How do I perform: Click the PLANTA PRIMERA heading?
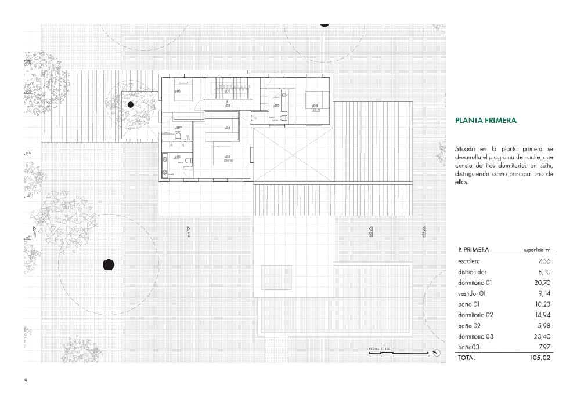[486, 121]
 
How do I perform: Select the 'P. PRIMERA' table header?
[473, 250]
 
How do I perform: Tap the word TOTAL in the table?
[466, 358]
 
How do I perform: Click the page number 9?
[26, 380]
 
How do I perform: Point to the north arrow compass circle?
[435, 351]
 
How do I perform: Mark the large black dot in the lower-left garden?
[108, 264]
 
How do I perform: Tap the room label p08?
[315, 106]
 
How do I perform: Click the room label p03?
[228, 157]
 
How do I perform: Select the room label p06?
[177, 91]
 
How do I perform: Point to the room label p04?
[228, 128]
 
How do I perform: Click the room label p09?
[277, 106]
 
